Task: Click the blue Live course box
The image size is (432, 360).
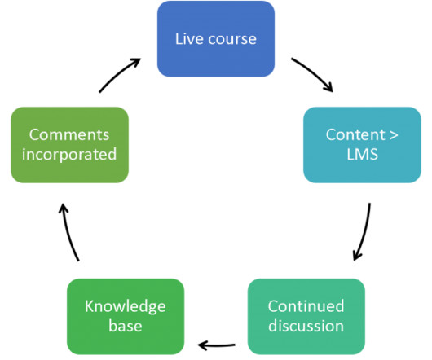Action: click(216, 39)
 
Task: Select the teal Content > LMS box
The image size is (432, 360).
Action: click(362, 145)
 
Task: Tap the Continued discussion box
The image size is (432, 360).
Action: click(306, 317)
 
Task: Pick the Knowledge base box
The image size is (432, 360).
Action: click(126, 317)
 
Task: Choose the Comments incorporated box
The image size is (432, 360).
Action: click(70, 145)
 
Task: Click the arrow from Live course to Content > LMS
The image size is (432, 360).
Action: click(314, 72)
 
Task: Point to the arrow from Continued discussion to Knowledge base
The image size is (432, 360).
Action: click(216, 345)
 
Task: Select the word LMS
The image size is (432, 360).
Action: click(362, 155)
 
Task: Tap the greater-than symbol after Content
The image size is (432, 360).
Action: click(394, 135)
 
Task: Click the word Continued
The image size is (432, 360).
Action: click(306, 306)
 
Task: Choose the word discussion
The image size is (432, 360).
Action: click(306, 326)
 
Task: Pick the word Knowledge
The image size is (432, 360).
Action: click(126, 307)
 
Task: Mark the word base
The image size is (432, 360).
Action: click(126, 327)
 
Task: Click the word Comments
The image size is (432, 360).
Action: click(69, 135)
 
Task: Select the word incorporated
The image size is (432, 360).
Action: click(69, 155)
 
